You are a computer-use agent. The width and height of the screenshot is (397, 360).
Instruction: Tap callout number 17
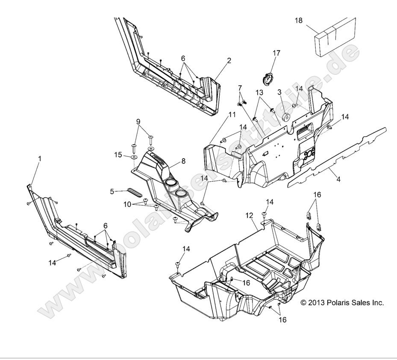pos(276,53)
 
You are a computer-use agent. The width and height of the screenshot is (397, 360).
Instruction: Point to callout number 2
pos(229,61)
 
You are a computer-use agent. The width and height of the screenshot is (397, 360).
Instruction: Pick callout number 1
pos(40,159)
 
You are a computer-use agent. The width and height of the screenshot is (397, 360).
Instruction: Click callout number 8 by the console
pos(183,161)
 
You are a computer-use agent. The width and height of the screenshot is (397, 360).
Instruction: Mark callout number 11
pos(232,115)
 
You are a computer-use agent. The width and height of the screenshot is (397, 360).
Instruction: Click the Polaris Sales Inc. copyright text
pos(342,303)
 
